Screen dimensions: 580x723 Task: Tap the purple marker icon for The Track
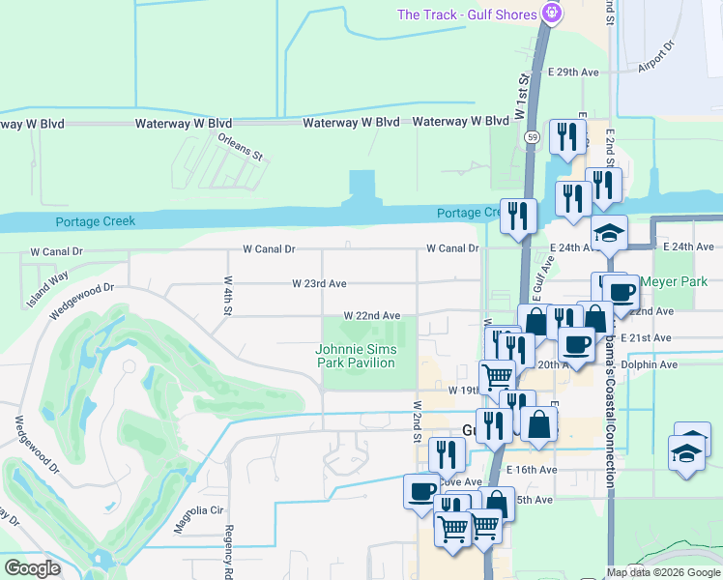pos(552,14)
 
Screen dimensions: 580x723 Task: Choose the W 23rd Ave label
pos(319,284)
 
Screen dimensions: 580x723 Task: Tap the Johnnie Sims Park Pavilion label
pos(356,356)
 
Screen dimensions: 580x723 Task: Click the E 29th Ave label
pos(573,72)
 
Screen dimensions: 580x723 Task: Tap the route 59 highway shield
pos(533,138)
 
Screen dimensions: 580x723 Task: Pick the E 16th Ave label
pos(532,470)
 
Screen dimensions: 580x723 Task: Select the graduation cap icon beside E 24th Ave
pos(610,234)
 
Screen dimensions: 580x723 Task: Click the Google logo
pos(32,568)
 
